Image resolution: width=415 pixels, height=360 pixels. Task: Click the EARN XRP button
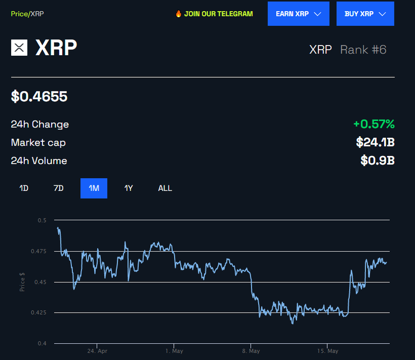click(x=298, y=14)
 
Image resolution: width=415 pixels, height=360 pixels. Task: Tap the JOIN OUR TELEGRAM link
click(x=218, y=14)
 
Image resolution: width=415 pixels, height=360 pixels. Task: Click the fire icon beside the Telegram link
click(x=179, y=14)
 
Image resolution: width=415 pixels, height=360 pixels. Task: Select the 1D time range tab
click(x=23, y=188)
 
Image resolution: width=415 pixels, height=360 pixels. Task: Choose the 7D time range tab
click(x=59, y=188)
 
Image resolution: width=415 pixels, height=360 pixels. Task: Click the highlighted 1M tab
click(x=94, y=188)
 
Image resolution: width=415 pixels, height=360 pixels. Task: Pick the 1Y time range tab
click(x=128, y=188)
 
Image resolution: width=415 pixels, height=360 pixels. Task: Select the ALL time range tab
click(x=165, y=188)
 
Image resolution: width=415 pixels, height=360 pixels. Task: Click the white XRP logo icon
click(x=19, y=47)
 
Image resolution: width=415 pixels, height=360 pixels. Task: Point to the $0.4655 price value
click(x=39, y=96)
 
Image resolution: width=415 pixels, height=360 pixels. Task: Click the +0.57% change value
click(x=373, y=124)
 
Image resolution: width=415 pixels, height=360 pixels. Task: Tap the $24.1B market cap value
click(x=375, y=143)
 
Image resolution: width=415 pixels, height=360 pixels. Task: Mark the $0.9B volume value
click(x=377, y=161)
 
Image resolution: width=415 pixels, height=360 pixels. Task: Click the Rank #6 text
click(x=363, y=49)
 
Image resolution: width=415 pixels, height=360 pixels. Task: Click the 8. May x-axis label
click(x=250, y=351)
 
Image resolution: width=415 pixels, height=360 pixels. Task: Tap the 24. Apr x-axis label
click(x=97, y=351)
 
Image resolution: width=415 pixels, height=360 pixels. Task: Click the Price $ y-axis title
click(x=22, y=281)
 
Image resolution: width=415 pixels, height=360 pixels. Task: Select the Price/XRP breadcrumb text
click(x=27, y=14)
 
